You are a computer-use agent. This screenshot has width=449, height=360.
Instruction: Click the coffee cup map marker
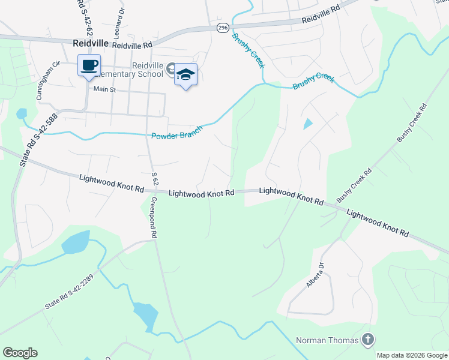pos(89,65)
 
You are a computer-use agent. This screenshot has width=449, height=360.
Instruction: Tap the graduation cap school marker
pos(186,75)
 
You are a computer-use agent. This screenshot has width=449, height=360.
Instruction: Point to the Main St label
pos(104,89)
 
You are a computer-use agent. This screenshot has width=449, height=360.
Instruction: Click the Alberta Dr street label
pos(316,275)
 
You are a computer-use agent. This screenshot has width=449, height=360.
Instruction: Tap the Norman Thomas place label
pos(327,341)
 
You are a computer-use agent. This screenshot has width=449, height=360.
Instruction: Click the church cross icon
pos(368,340)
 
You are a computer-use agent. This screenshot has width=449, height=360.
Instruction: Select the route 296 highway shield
pos(222,28)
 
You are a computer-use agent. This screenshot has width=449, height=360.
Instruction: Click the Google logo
pos(20,353)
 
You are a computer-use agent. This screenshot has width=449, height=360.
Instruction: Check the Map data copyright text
pos(411,355)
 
